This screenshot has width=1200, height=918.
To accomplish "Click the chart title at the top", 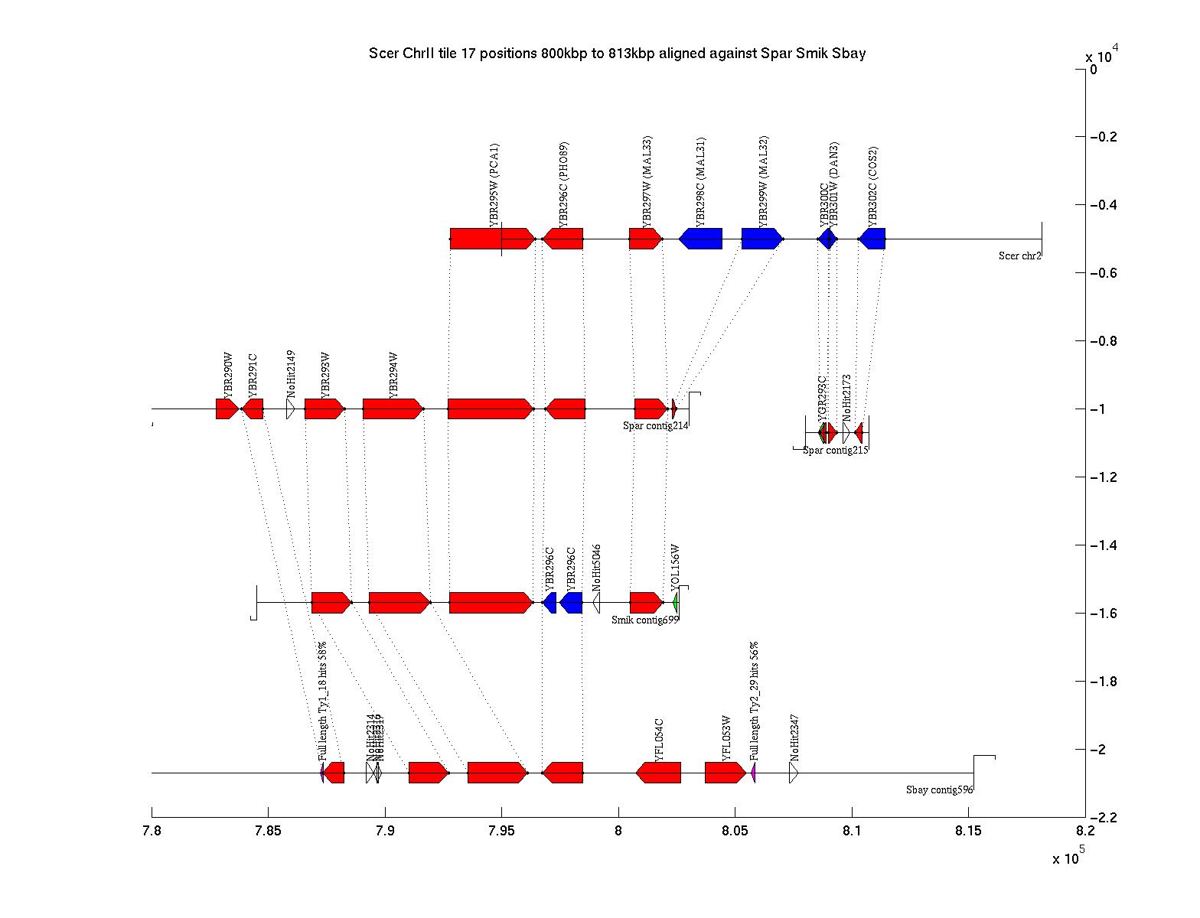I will (617, 54).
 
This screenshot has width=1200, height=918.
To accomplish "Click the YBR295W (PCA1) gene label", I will (494, 186).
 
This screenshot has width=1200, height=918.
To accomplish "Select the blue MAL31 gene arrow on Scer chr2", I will (701, 239).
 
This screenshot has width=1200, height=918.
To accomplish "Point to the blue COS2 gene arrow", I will (872, 239).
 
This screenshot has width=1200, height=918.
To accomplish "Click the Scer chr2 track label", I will (1019, 256).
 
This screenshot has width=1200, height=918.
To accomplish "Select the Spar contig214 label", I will (656, 426).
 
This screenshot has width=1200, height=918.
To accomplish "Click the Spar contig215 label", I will (835, 451).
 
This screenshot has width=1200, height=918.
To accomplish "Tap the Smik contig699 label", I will (644, 620).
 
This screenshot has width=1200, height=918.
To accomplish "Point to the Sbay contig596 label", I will (939, 790).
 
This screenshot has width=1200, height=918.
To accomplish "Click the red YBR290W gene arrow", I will (227, 409).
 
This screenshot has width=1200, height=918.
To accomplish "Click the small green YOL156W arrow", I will (676, 603).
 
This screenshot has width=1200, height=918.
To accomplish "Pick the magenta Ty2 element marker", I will (753, 773).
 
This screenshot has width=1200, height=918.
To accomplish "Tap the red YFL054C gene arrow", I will (658, 773).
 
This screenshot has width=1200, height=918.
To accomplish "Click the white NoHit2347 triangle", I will (794, 773).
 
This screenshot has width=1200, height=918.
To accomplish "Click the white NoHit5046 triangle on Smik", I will (596, 603).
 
